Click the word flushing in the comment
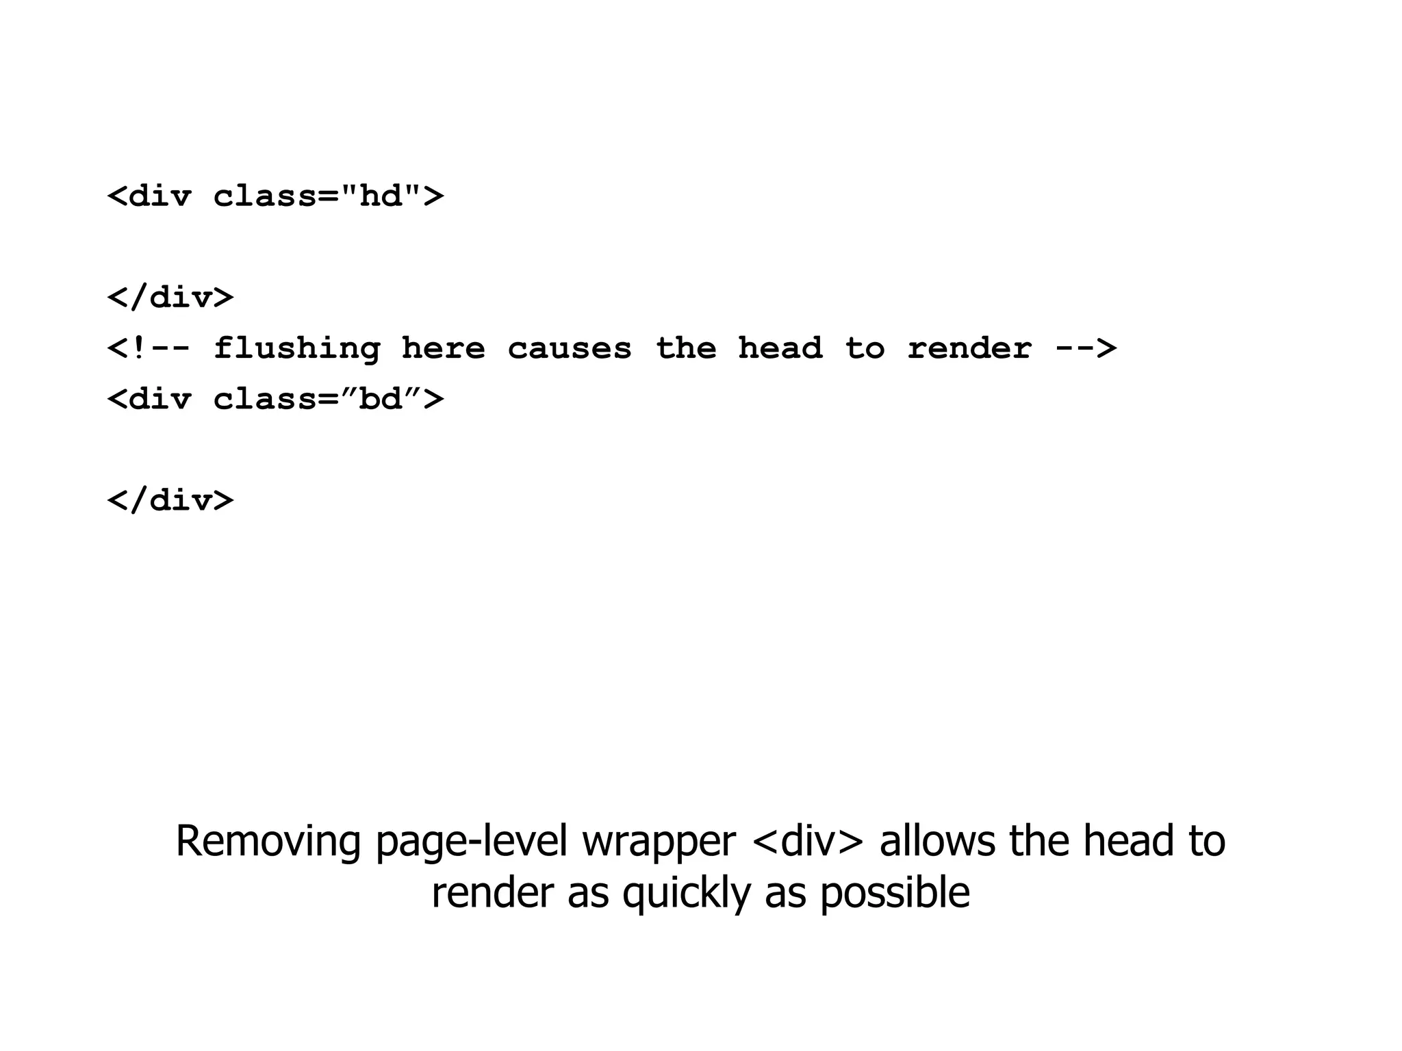[297, 350]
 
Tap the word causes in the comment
[569, 350]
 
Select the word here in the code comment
[443, 350]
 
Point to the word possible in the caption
[895, 894]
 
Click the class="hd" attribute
[318, 197]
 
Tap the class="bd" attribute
[318, 400]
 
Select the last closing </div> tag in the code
[170, 501]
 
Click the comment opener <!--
[149, 350]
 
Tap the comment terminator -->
[1086, 350]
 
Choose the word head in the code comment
[780, 350]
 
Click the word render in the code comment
[969, 350]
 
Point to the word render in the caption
[492, 894]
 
